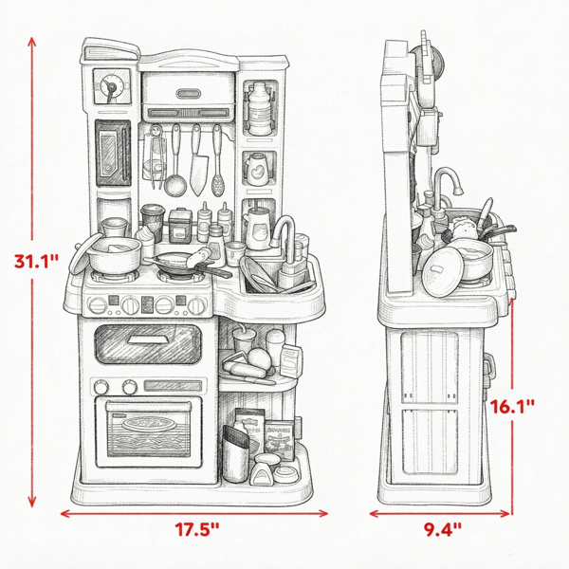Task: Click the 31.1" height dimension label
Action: tap(36, 261)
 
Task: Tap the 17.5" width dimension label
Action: tap(197, 529)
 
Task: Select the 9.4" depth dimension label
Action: tap(443, 529)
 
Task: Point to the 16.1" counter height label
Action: tap(512, 407)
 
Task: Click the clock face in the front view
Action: tap(112, 86)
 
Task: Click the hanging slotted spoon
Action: tap(218, 160)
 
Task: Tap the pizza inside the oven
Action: tap(148, 424)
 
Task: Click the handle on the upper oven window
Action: tap(148, 340)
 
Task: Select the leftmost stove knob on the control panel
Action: tap(98, 305)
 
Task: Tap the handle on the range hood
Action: tap(189, 94)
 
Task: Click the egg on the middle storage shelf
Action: tap(259, 358)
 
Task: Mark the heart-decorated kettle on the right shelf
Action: tap(257, 169)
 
